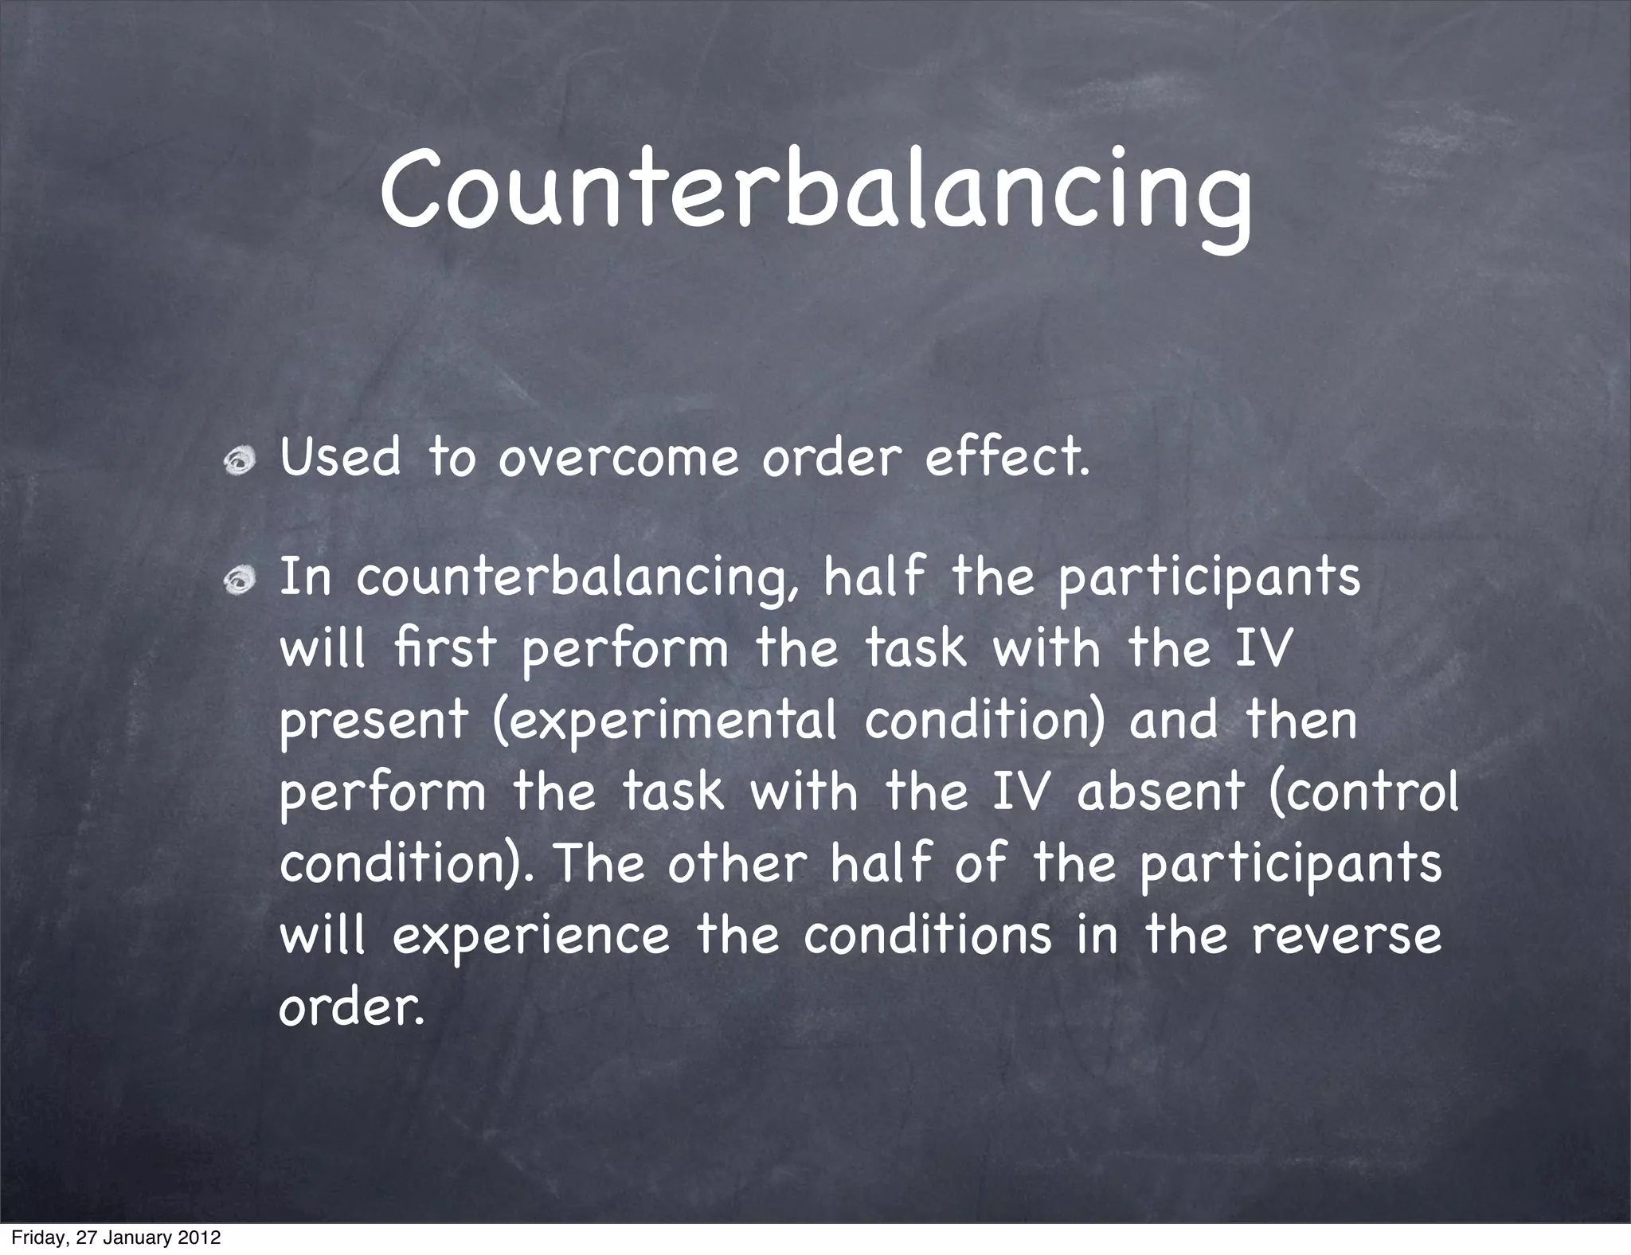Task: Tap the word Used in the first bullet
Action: pyautogui.click(x=340, y=459)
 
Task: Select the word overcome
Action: pyautogui.click(x=618, y=459)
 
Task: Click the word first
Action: pyautogui.click(x=444, y=648)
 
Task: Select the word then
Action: pyautogui.click(x=1300, y=720)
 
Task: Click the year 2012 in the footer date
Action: pyautogui.click(x=199, y=1238)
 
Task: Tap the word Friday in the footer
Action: pyautogui.click(x=36, y=1238)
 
